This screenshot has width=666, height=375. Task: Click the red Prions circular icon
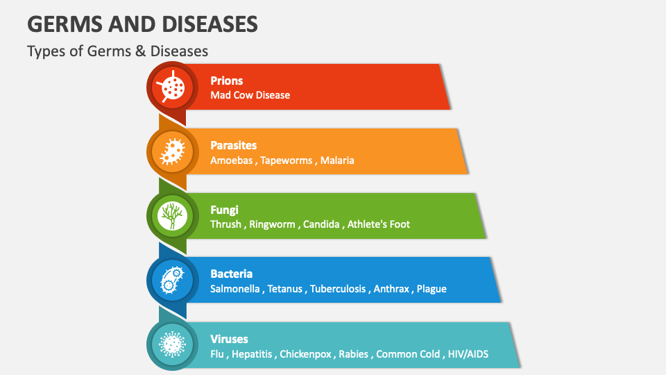pos(170,87)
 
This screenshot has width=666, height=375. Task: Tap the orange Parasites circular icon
pos(170,151)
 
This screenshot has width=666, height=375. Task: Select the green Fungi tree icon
pos(170,215)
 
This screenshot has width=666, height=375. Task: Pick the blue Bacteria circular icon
pos(170,280)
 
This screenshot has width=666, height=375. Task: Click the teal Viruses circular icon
pos(170,344)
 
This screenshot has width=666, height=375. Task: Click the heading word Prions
pos(227,81)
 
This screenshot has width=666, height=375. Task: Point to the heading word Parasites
pos(234,145)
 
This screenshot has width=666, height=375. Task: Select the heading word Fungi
pos(223,209)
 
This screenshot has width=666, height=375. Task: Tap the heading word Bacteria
pos(232,274)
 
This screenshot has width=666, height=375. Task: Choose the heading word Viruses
pos(230,339)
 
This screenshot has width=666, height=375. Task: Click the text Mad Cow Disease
pos(250,95)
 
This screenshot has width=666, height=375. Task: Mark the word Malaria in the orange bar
pos(337,160)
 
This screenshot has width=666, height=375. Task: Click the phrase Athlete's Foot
pos(379,224)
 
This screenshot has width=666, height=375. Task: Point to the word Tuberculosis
pos(338,289)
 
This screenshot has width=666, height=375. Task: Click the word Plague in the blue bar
pos(432,289)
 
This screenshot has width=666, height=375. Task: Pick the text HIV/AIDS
pos(468,354)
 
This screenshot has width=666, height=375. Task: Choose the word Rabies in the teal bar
pos(354,354)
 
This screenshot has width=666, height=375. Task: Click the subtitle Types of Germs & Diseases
pos(117,51)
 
